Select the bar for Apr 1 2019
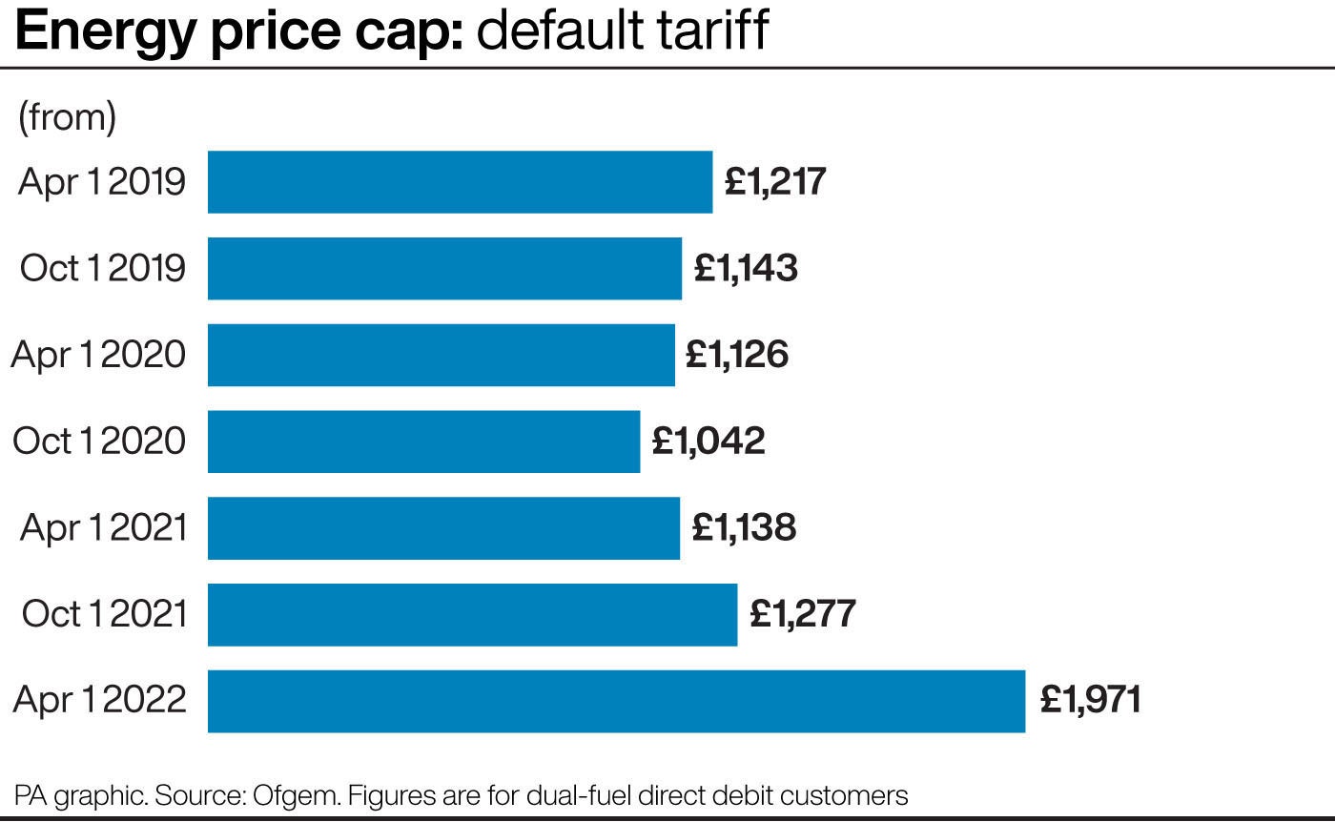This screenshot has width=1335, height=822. [460, 181]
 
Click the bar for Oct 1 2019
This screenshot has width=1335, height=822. [444, 268]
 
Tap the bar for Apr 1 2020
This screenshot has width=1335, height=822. [441, 355]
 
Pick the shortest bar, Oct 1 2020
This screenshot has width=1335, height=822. [423, 442]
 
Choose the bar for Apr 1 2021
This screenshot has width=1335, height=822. [443, 527]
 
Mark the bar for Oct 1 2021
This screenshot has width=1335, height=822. [472, 614]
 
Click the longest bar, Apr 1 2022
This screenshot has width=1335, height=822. [616, 701]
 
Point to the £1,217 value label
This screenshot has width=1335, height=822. [775, 181]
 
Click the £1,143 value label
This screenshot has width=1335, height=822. [746, 268]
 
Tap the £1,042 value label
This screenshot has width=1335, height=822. [709, 442]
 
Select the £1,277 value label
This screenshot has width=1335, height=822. [803, 614]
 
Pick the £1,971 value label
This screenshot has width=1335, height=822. [1090, 701]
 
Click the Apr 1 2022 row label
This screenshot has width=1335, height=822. [99, 702]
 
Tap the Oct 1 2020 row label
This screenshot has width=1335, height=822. [99, 442]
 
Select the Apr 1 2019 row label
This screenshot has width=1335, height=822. [101, 182]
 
